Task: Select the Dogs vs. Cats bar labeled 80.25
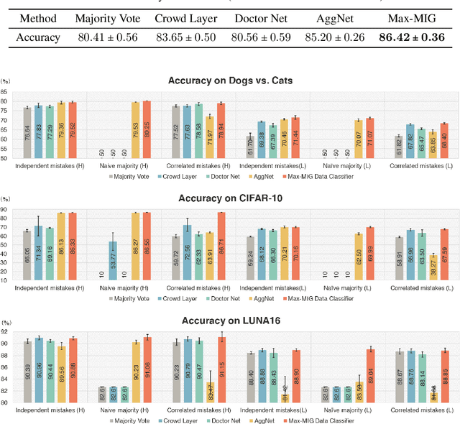(x=147, y=129)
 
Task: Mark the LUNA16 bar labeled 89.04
(x=371, y=375)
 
